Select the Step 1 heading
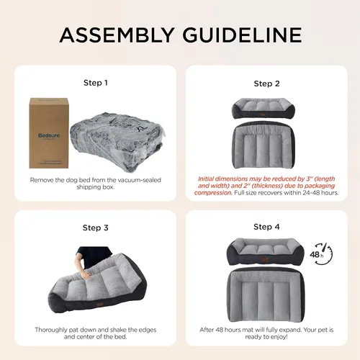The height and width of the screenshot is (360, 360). (96, 82)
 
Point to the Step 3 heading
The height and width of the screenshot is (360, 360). (96, 228)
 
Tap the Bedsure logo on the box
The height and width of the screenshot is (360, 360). (42, 134)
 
